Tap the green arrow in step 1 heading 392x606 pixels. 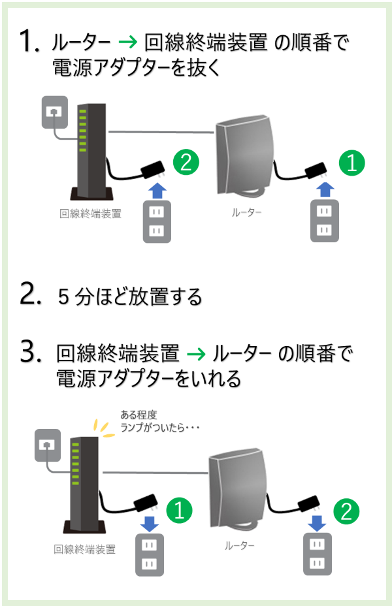click(128, 43)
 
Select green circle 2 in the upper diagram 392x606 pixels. click(186, 163)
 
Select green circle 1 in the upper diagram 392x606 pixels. click(352, 163)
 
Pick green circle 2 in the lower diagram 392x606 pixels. click(347, 511)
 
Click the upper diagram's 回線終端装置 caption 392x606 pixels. click(90, 213)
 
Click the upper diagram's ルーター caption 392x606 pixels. click(246, 212)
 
